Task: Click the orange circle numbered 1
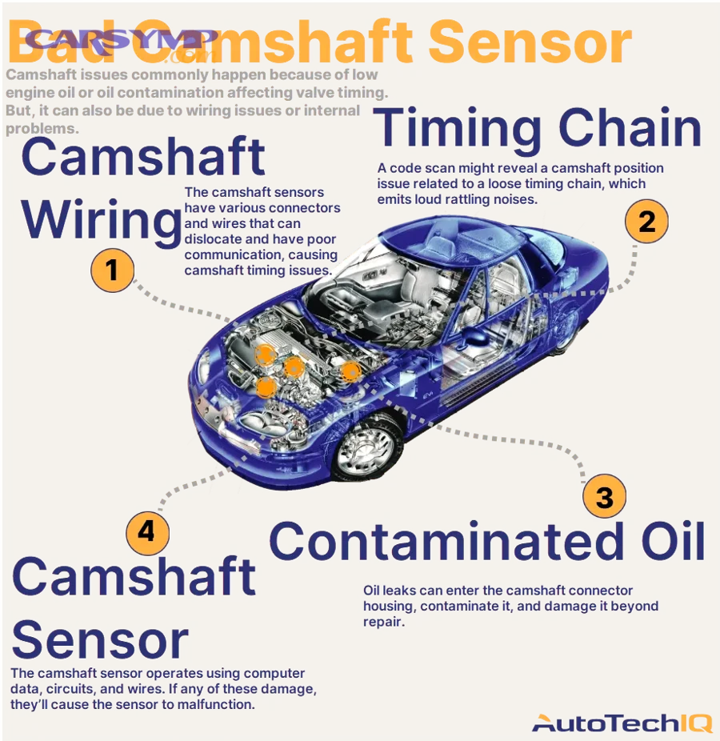point(112,270)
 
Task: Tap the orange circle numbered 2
point(646,221)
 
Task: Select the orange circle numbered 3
point(604,497)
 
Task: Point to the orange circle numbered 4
point(147,531)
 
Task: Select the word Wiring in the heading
point(101,220)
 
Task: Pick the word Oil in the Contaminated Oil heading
point(664,540)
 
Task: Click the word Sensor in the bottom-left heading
point(100,640)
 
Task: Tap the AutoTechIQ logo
point(621,723)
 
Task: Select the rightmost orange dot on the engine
point(350,370)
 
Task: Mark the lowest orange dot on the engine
point(266,387)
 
